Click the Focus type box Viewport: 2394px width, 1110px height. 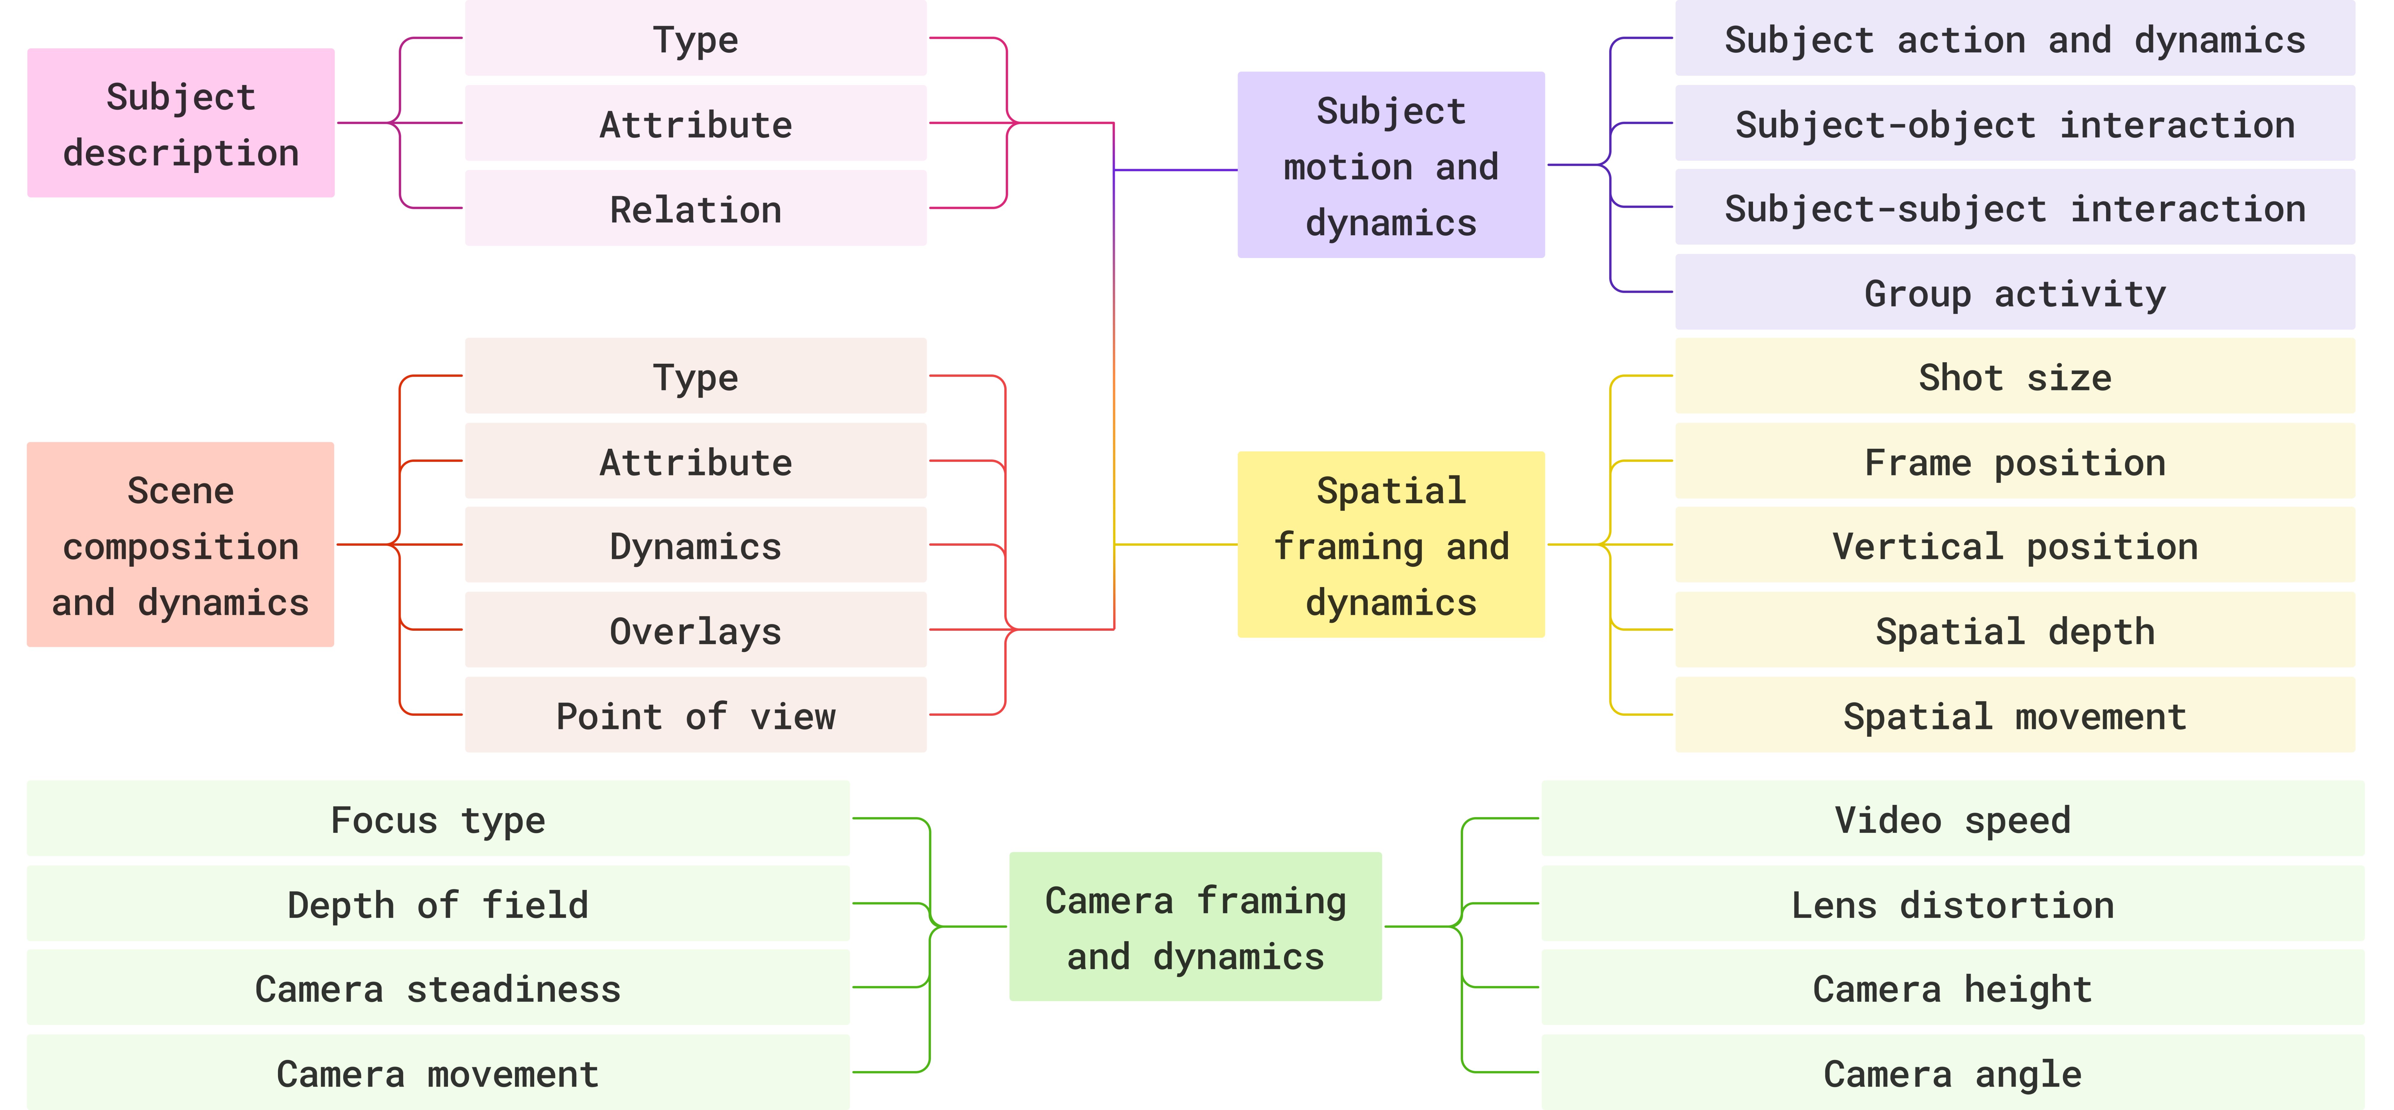(438, 819)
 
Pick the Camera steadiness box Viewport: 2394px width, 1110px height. (438, 988)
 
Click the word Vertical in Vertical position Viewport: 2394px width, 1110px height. (1917, 546)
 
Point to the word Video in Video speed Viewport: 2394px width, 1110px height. (1887, 819)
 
